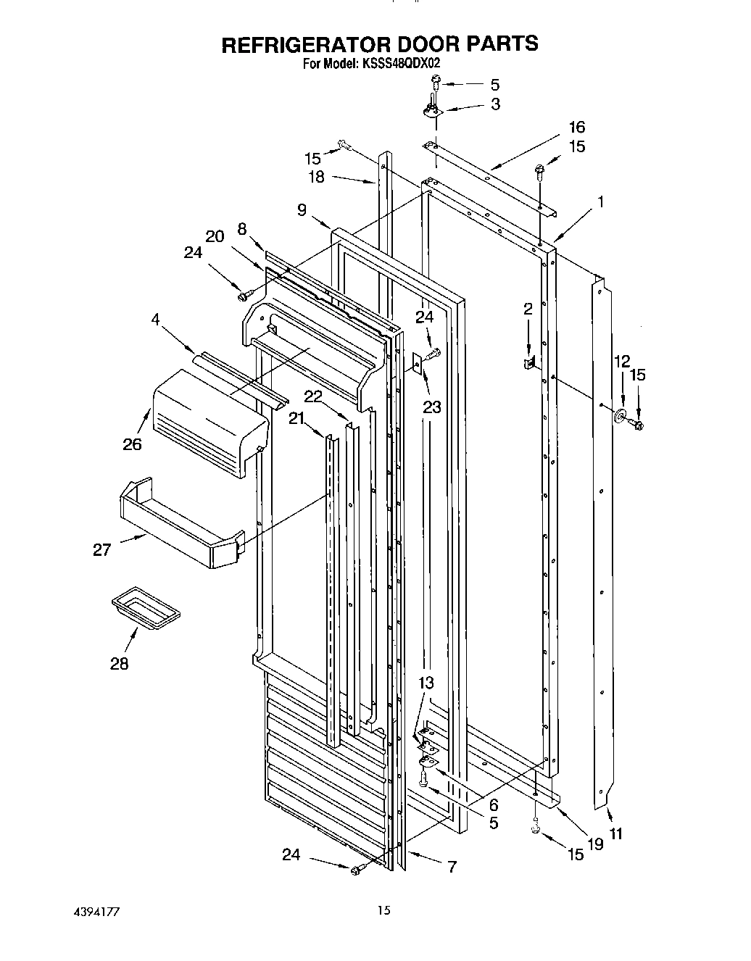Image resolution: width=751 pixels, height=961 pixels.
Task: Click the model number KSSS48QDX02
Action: point(400,64)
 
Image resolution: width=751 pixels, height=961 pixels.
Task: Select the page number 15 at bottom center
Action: point(384,910)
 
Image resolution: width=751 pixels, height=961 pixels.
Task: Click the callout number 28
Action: point(120,663)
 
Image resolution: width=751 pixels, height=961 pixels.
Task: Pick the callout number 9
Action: point(302,210)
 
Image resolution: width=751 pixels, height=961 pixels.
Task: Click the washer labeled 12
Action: point(621,417)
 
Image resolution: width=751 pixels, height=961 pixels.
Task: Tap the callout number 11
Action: point(615,833)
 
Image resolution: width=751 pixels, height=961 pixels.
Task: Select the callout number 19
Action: point(595,843)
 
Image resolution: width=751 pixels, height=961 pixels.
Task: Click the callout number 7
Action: point(452,866)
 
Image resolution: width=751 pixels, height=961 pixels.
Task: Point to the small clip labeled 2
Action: point(530,361)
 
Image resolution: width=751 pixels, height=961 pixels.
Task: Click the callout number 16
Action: point(576,127)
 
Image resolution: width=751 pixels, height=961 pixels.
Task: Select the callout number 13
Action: point(426,683)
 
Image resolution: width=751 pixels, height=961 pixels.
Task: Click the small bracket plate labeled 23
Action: point(418,362)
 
